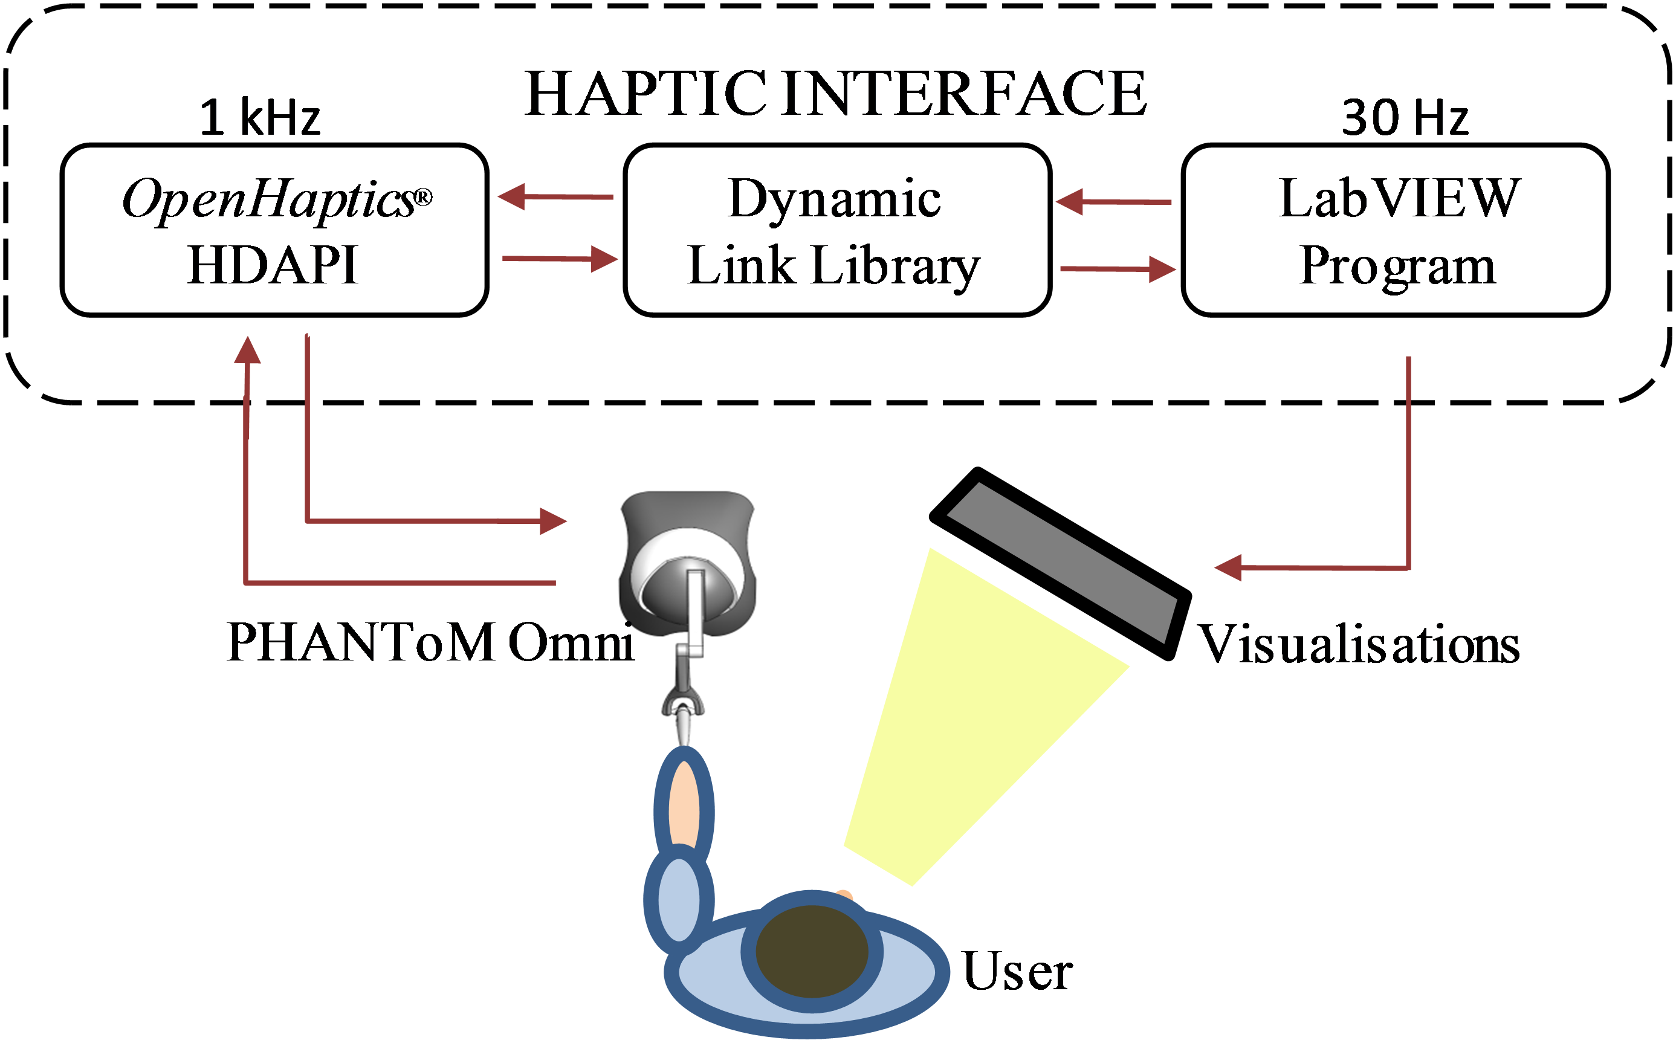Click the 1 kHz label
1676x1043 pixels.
pos(260,117)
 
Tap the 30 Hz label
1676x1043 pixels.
pos(1405,117)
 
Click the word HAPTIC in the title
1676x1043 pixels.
pos(644,94)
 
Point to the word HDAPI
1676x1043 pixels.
pos(273,265)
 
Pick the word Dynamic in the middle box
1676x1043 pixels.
pos(834,199)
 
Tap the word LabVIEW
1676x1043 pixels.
pos(1399,199)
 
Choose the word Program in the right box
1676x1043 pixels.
pos(1397,265)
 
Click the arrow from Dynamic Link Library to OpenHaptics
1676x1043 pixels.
pos(555,196)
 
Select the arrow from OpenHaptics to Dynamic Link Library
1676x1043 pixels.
pos(560,259)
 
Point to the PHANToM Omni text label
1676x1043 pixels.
pos(430,642)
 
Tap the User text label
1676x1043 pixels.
pos(1017,971)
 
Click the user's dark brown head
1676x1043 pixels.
pos(812,951)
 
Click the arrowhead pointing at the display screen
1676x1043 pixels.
pos(1229,567)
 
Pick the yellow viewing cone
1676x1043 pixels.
pos(966,717)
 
